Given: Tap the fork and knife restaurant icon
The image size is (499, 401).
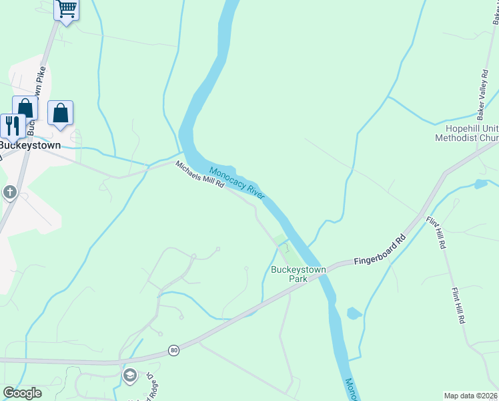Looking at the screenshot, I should point(13,125).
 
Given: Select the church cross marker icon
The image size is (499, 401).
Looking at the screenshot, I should point(10,193).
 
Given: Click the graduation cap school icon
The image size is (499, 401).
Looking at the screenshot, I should point(129,376).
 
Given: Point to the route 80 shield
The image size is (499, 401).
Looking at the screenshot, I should point(174,350).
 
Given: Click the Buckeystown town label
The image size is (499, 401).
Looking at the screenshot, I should point(29,145).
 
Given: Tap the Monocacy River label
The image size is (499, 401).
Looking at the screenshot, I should point(237,180).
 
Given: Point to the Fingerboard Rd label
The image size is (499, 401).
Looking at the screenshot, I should point(380,249).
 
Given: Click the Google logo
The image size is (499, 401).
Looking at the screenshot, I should point(22,393).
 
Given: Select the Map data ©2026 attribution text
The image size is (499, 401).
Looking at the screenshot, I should point(471,396).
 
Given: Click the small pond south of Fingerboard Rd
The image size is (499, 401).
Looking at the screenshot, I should point(354,313).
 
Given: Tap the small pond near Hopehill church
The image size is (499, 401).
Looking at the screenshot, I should point(480,184).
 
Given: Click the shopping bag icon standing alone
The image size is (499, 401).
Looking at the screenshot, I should point(61,113).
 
